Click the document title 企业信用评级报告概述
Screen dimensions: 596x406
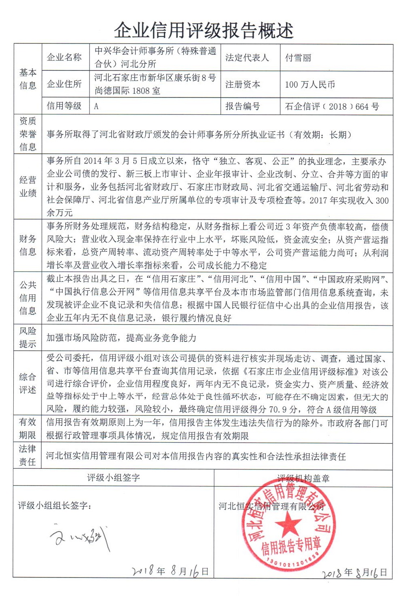[203, 30]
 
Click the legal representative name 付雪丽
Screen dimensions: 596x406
[298, 58]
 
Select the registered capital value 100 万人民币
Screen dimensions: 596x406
[310, 85]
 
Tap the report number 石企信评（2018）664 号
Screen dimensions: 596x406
[332, 107]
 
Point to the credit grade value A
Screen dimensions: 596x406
[96, 107]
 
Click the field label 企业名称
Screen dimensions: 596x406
[64, 58]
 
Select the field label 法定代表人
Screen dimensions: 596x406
[246, 58]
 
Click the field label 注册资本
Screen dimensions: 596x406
[242, 85]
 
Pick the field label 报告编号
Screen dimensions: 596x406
[242, 106]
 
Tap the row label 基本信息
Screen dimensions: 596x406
[28, 79]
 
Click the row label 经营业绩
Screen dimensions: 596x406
[28, 186]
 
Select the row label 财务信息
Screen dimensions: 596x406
[28, 245]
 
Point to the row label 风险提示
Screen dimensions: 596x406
[28, 337]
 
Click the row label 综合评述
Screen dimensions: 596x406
[28, 383]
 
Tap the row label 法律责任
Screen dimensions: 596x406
[28, 455]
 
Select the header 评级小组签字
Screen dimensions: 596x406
[114, 478]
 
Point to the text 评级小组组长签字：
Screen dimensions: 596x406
[54, 505]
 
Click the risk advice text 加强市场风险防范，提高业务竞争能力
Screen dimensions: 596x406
[121, 338]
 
